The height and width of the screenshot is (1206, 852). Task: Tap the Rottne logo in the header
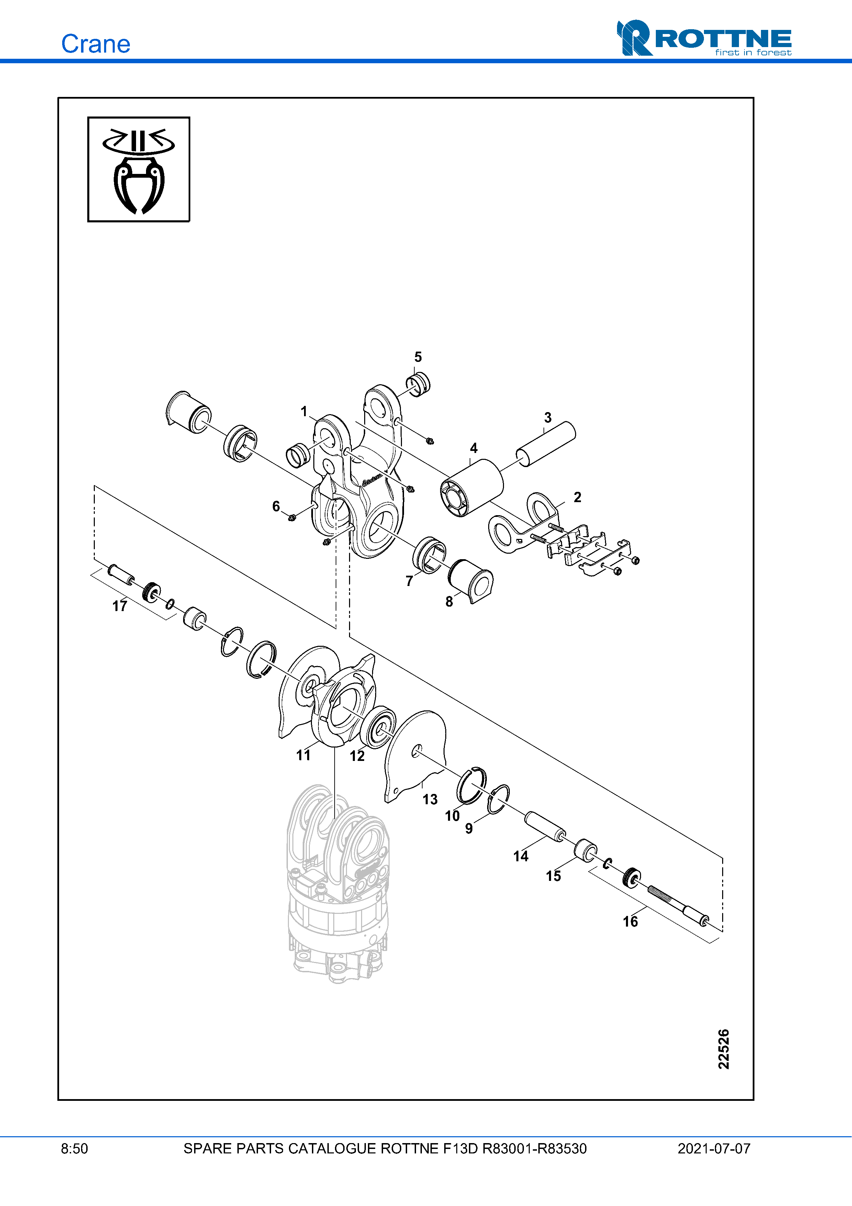704,38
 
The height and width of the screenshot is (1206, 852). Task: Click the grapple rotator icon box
138,169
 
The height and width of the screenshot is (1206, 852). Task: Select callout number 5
418,357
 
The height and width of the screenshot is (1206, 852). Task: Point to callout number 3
548,418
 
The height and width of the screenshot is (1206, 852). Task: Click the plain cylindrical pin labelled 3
546,444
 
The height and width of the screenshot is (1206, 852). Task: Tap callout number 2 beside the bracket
578,497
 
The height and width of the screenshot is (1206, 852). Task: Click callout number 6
276,506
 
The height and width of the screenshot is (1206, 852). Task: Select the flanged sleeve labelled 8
471,581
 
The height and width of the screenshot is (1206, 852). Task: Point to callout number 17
120,606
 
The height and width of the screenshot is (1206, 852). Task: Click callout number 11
303,755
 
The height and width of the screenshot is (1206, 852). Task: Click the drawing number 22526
724,1049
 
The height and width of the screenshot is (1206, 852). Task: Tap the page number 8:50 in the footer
75,1149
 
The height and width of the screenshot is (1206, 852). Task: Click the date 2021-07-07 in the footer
714,1149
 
